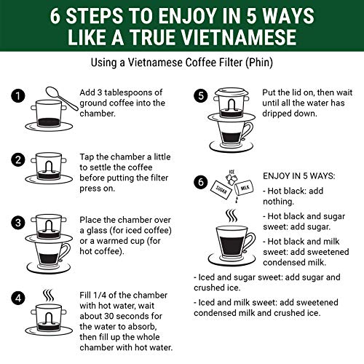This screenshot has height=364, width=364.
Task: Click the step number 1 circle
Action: tap(18, 95)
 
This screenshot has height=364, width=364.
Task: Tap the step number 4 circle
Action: tap(18, 298)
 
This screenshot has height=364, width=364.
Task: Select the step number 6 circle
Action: tap(201, 182)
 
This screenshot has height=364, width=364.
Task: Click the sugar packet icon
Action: tap(221, 190)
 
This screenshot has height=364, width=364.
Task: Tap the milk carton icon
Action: tap(244, 187)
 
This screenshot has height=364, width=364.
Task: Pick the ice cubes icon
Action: tap(231, 178)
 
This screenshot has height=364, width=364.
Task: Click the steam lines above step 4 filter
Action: tap(49, 296)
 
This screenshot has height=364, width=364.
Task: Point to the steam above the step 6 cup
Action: tap(232, 215)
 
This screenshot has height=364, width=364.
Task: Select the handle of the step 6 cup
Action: tap(250, 242)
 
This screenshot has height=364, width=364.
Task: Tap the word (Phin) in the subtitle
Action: tap(259, 63)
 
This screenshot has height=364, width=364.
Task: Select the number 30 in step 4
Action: tap(109, 316)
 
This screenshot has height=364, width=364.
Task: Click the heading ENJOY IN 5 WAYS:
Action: tap(299, 176)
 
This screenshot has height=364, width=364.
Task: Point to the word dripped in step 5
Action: tap(277, 114)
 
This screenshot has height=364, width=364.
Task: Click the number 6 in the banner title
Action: tap(55, 16)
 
